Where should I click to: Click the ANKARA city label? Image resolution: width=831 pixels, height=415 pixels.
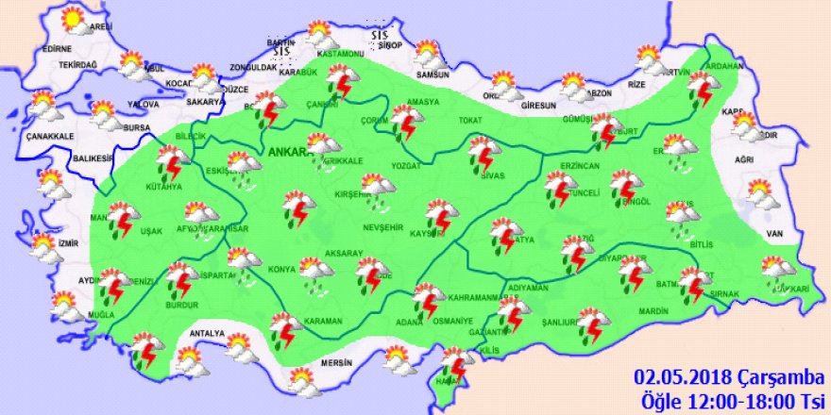point(287,151)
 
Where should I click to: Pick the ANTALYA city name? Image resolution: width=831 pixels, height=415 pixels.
point(207,333)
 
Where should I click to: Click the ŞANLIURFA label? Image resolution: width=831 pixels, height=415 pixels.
point(558,322)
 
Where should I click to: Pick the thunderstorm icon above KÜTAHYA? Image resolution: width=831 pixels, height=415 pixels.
point(172,162)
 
